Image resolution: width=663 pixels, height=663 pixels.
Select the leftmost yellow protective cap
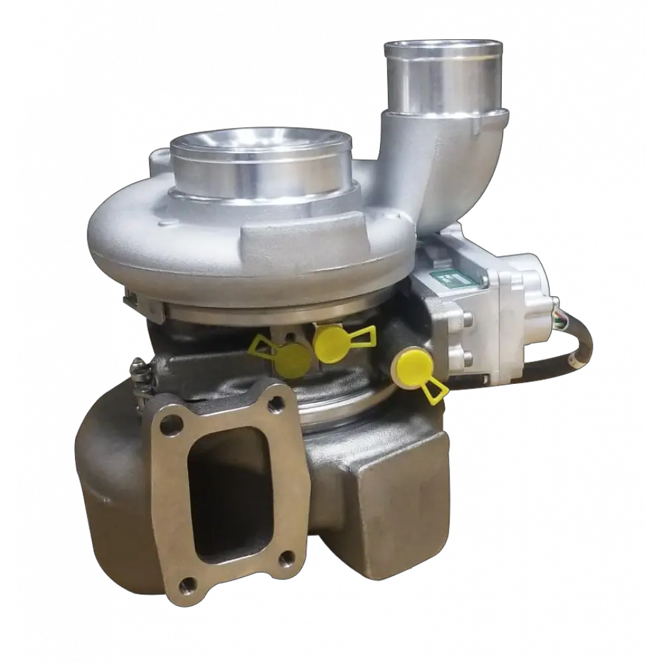(290, 358)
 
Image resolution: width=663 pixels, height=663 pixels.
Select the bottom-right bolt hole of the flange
(286, 560)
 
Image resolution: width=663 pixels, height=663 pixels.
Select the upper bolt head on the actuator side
(468, 319)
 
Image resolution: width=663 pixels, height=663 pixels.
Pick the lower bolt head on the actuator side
(468, 359)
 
